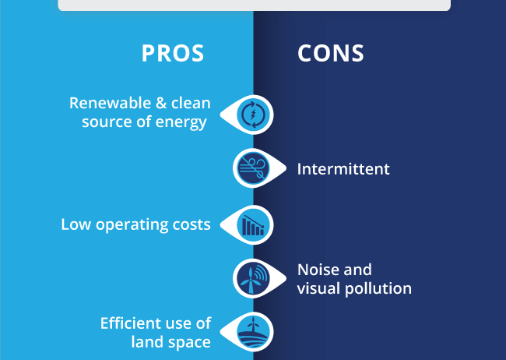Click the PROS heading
173,53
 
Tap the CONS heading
331,53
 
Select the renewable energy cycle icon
253,115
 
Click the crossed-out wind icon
253,168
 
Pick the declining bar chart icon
253,225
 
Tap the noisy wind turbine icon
253,278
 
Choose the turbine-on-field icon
253,332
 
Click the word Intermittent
343,169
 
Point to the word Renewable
111,103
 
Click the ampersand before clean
161,103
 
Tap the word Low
76,224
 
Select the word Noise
318,270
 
